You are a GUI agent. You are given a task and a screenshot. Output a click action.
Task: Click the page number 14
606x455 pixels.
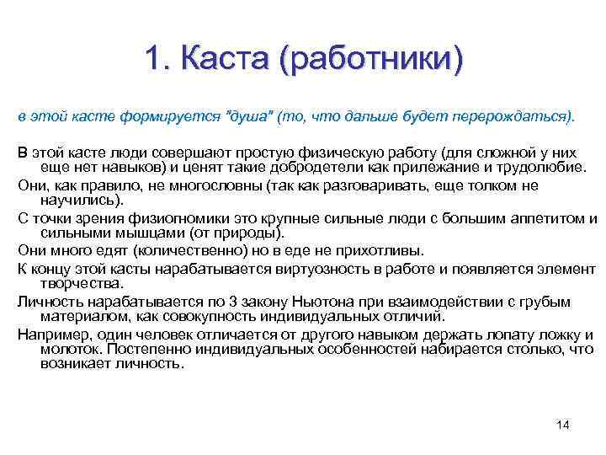click(x=563, y=424)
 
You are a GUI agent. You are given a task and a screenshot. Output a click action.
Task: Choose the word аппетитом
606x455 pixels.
click(x=538, y=219)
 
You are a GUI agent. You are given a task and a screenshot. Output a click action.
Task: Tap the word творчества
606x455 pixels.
click(x=81, y=284)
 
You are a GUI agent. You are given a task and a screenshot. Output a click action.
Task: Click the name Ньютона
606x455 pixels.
click(x=325, y=302)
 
